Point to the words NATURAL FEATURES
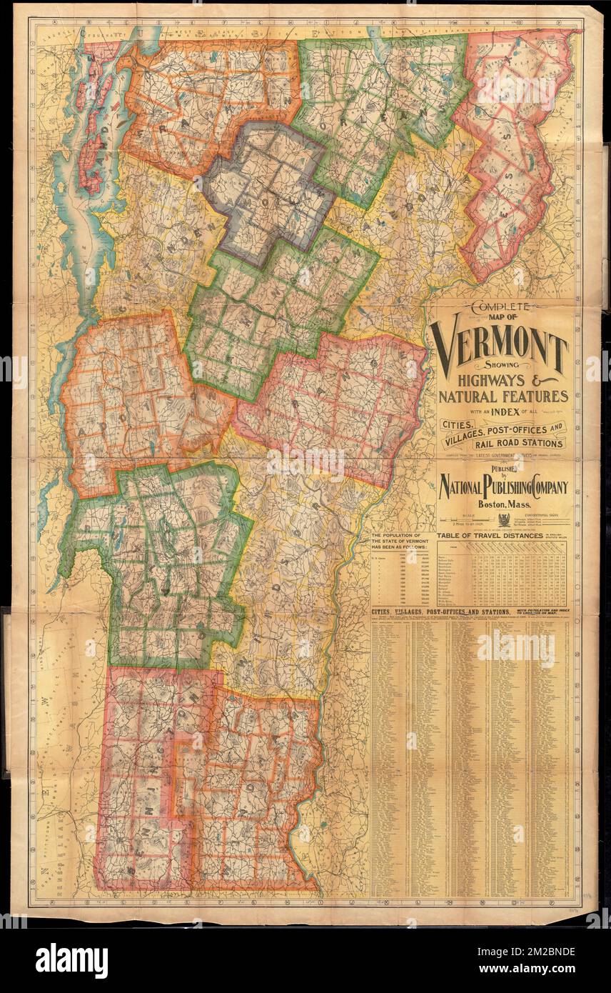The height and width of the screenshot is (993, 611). tap(503, 396)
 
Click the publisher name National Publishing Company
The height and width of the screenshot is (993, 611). tap(503, 488)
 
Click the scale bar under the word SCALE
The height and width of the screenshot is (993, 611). tap(468, 522)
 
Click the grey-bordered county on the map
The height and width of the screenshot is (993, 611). tap(268, 189)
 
